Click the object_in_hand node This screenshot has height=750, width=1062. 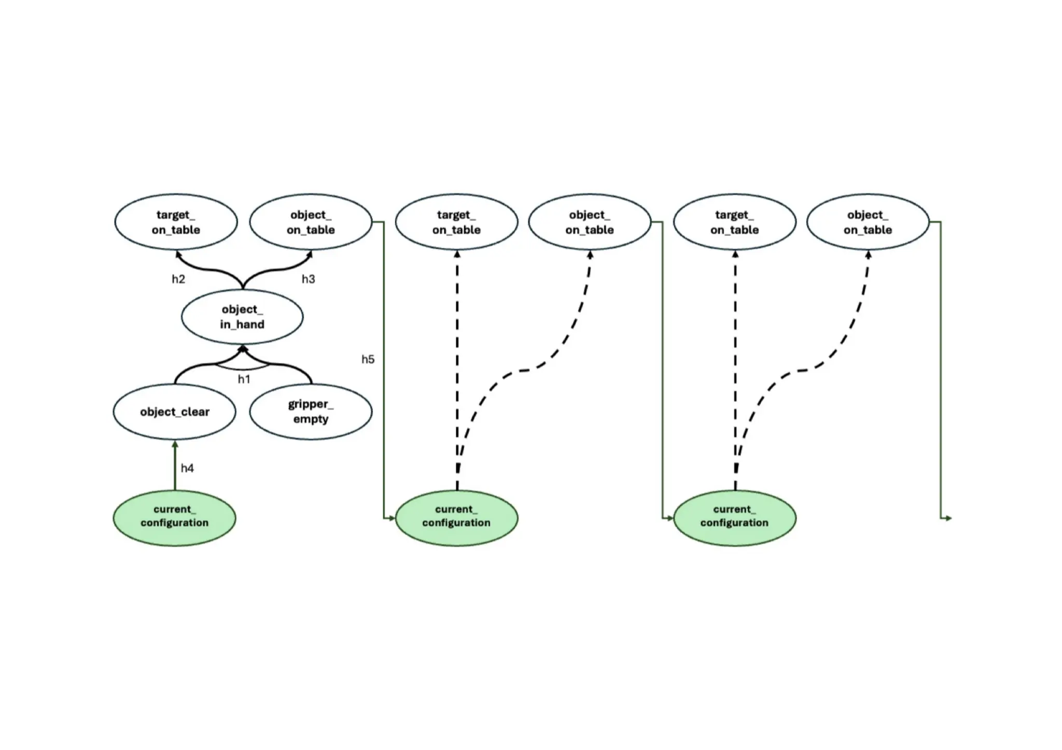pyautogui.click(x=242, y=317)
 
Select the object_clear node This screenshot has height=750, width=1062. pyautogui.click(x=175, y=412)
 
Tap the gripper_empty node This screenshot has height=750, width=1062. pyautogui.click(x=311, y=412)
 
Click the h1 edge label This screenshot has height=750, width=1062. pyautogui.click(x=244, y=379)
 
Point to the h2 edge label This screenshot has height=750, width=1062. pyautogui.click(x=178, y=279)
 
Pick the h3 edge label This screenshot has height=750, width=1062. pyautogui.click(x=308, y=279)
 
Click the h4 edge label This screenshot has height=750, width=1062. pyautogui.click(x=187, y=469)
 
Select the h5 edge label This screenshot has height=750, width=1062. pyautogui.click(x=368, y=359)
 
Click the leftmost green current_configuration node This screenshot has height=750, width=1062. pyautogui.click(x=175, y=518)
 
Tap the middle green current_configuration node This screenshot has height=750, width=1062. pyautogui.click(x=456, y=518)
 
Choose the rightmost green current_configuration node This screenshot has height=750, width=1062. pyautogui.click(x=734, y=518)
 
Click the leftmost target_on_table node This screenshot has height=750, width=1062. pyautogui.click(x=176, y=222)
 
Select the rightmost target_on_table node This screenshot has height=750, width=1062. pyautogui.click(x=734, y=222)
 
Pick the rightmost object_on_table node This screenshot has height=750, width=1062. pyautogui.click(x=868, y=222)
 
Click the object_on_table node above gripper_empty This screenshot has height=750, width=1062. pyautogui.click(x=311, y=222)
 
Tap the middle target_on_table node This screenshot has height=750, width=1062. pyautogui.click(x=456, y=222)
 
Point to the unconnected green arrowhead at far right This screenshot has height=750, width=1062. pyautogui.click(x=947, y=518)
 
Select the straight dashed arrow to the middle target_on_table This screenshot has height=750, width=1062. pyautogui.click(x=457, y=363)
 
